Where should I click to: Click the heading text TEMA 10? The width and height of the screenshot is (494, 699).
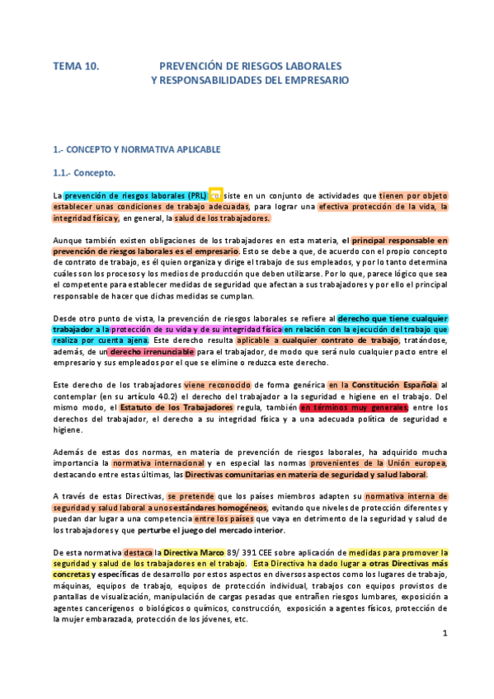76,64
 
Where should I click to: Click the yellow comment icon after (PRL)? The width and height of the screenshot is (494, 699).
215,195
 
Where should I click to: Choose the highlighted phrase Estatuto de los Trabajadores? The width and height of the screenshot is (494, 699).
175,407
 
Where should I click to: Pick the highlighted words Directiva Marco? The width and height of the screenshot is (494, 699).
187,552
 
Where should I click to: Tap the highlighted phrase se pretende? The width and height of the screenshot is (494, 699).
193,497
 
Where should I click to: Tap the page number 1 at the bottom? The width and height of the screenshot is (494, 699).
445,656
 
